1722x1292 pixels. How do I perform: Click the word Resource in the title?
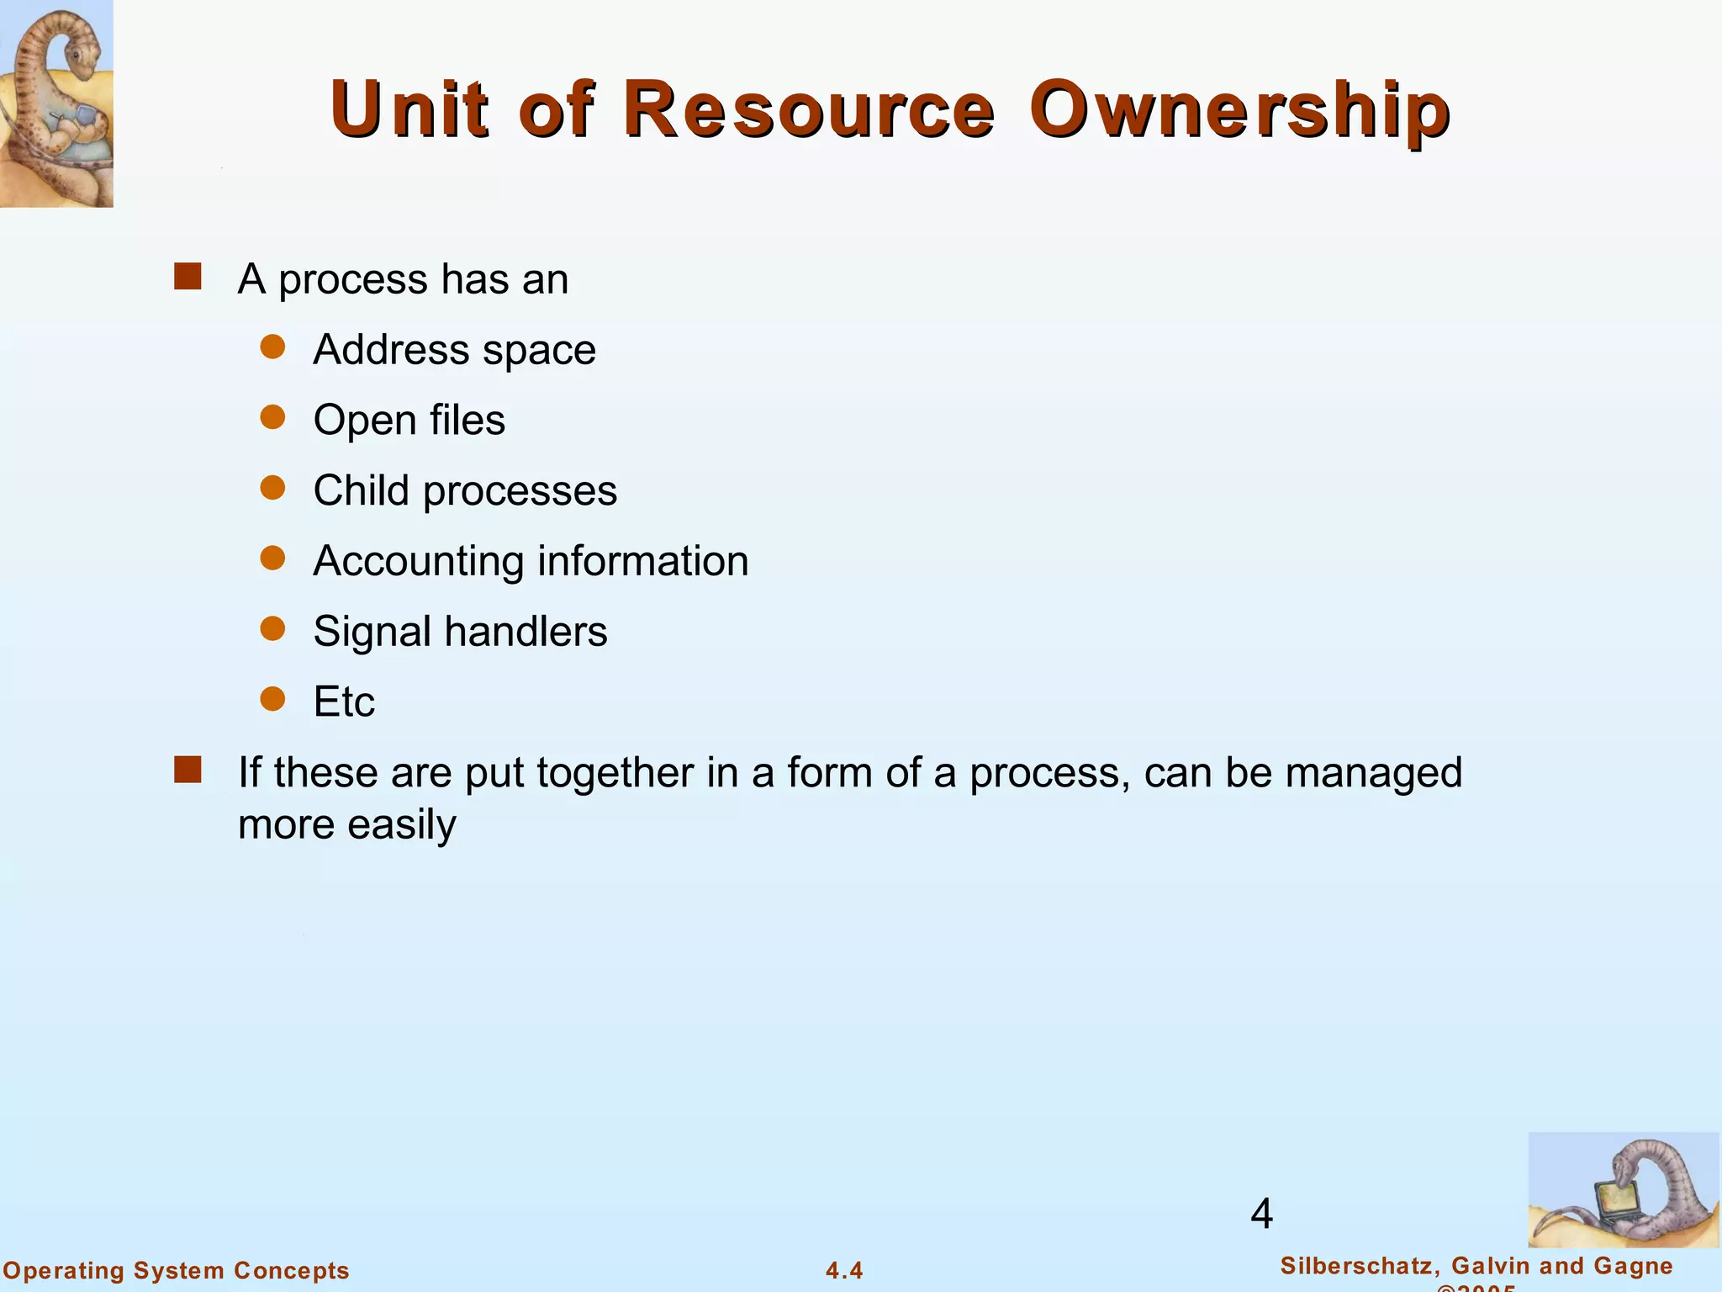click(x=808, y=109)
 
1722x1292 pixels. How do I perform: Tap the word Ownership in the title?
click(x=1239, y=109)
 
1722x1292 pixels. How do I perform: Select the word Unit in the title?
click(x=409, y=109)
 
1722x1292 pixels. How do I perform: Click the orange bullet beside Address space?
click(x=272, y=347)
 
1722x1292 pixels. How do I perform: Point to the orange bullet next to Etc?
click(x=272, y=698)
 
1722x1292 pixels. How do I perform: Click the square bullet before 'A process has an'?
click(x=188, y=277)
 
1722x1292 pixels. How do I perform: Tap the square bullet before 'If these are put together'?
click(x=188, y=770)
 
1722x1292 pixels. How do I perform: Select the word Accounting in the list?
click(x=418, y=562)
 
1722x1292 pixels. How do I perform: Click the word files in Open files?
click(x=467, y=420)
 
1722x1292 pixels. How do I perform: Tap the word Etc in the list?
click(x=344, y=702)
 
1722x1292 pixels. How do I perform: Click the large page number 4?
click(x=1261, y=1214)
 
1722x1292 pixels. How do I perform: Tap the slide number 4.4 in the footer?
click(x=844, y=1270)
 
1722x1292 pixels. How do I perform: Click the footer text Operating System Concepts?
click(x=177, y=1270)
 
